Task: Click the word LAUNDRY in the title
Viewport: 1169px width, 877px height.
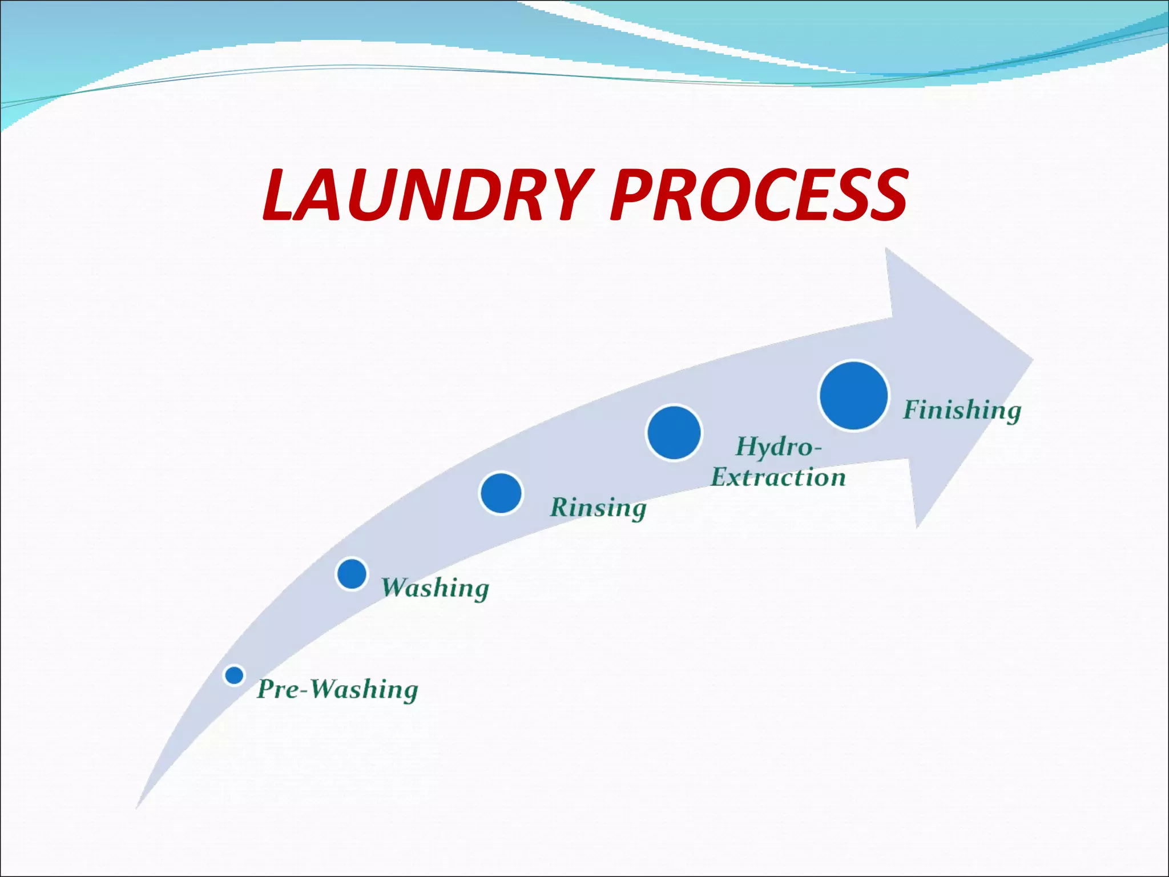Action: click(425, 196)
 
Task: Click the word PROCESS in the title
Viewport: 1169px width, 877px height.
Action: click(759, 196)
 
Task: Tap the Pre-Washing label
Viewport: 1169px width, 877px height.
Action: click(337, 689)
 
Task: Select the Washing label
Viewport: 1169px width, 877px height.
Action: click(435, 588)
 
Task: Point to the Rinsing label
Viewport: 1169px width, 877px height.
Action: click(598, 508)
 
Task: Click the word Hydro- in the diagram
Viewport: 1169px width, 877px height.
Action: click(779, 446)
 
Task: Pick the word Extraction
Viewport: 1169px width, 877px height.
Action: click(778, 477)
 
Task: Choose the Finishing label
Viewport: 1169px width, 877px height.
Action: click(962, 410)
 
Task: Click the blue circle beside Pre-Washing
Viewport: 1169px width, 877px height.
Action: click(234, 675)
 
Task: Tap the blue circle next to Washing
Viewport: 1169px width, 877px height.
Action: click(352, 574)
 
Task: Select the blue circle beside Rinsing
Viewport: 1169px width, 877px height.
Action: click(501, 493)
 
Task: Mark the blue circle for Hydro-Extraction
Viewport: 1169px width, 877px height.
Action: click(674, 433)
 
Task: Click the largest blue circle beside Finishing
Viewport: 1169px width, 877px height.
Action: click(853, 395)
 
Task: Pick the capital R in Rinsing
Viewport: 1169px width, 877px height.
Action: click(561, 507)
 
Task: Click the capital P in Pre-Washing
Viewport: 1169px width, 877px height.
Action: click(267, 689)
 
